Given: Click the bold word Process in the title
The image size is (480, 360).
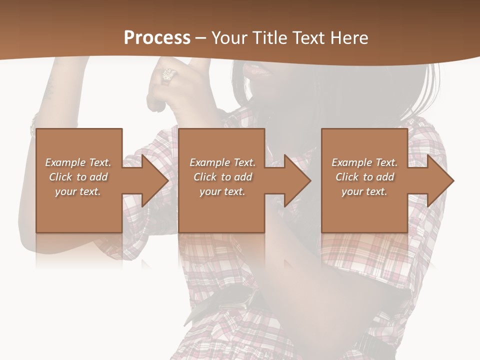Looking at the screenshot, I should (x=157, y=38).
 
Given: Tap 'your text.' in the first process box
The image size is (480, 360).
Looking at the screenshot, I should (x=77, y=191).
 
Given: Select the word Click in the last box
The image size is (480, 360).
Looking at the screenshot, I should (x=347, y=177).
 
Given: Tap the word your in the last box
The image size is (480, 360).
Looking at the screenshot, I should (x=353, y=191).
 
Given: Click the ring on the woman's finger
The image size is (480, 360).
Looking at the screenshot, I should (x=168, y=75).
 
